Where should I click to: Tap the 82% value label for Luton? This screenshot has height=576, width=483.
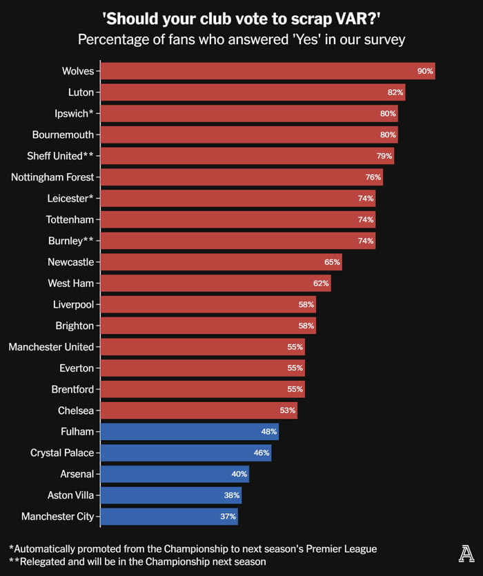click(395, 92)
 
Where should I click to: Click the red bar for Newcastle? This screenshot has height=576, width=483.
click(221, 262)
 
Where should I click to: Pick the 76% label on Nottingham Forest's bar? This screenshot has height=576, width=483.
click(373, 177)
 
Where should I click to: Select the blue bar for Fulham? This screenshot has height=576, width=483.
click(189, 433)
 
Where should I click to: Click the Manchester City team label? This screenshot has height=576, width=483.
click(57, 516)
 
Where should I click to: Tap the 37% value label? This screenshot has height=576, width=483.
click(228, 517)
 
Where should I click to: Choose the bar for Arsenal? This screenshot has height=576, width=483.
click(175, 475)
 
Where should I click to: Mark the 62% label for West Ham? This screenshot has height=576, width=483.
click(322, 284)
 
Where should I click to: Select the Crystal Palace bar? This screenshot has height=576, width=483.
click(186, 453)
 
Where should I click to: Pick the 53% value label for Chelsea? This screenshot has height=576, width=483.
click(288, 411)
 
